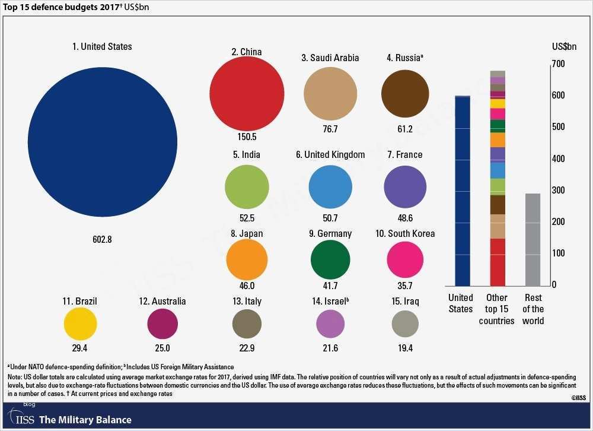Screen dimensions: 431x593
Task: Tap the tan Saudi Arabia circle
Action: [x=330, y=93]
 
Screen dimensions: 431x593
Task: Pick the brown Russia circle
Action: [x=405, y=94]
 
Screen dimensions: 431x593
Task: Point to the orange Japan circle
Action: [x=247, y=259]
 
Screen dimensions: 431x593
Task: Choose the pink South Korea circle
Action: [x=405, y=259]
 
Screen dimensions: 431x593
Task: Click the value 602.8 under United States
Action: [x=102, y=240]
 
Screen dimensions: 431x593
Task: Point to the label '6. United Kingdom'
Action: [x=330, y=155]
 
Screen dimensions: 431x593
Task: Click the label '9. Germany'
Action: [x=330, y=233]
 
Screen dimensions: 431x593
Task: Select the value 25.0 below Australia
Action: [x=162, y=348]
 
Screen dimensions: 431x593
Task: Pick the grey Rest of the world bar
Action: [x=533, y=239]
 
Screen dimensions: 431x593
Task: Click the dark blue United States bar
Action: [x=462, y=190]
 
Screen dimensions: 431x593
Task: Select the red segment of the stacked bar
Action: [x=498, y=262]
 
